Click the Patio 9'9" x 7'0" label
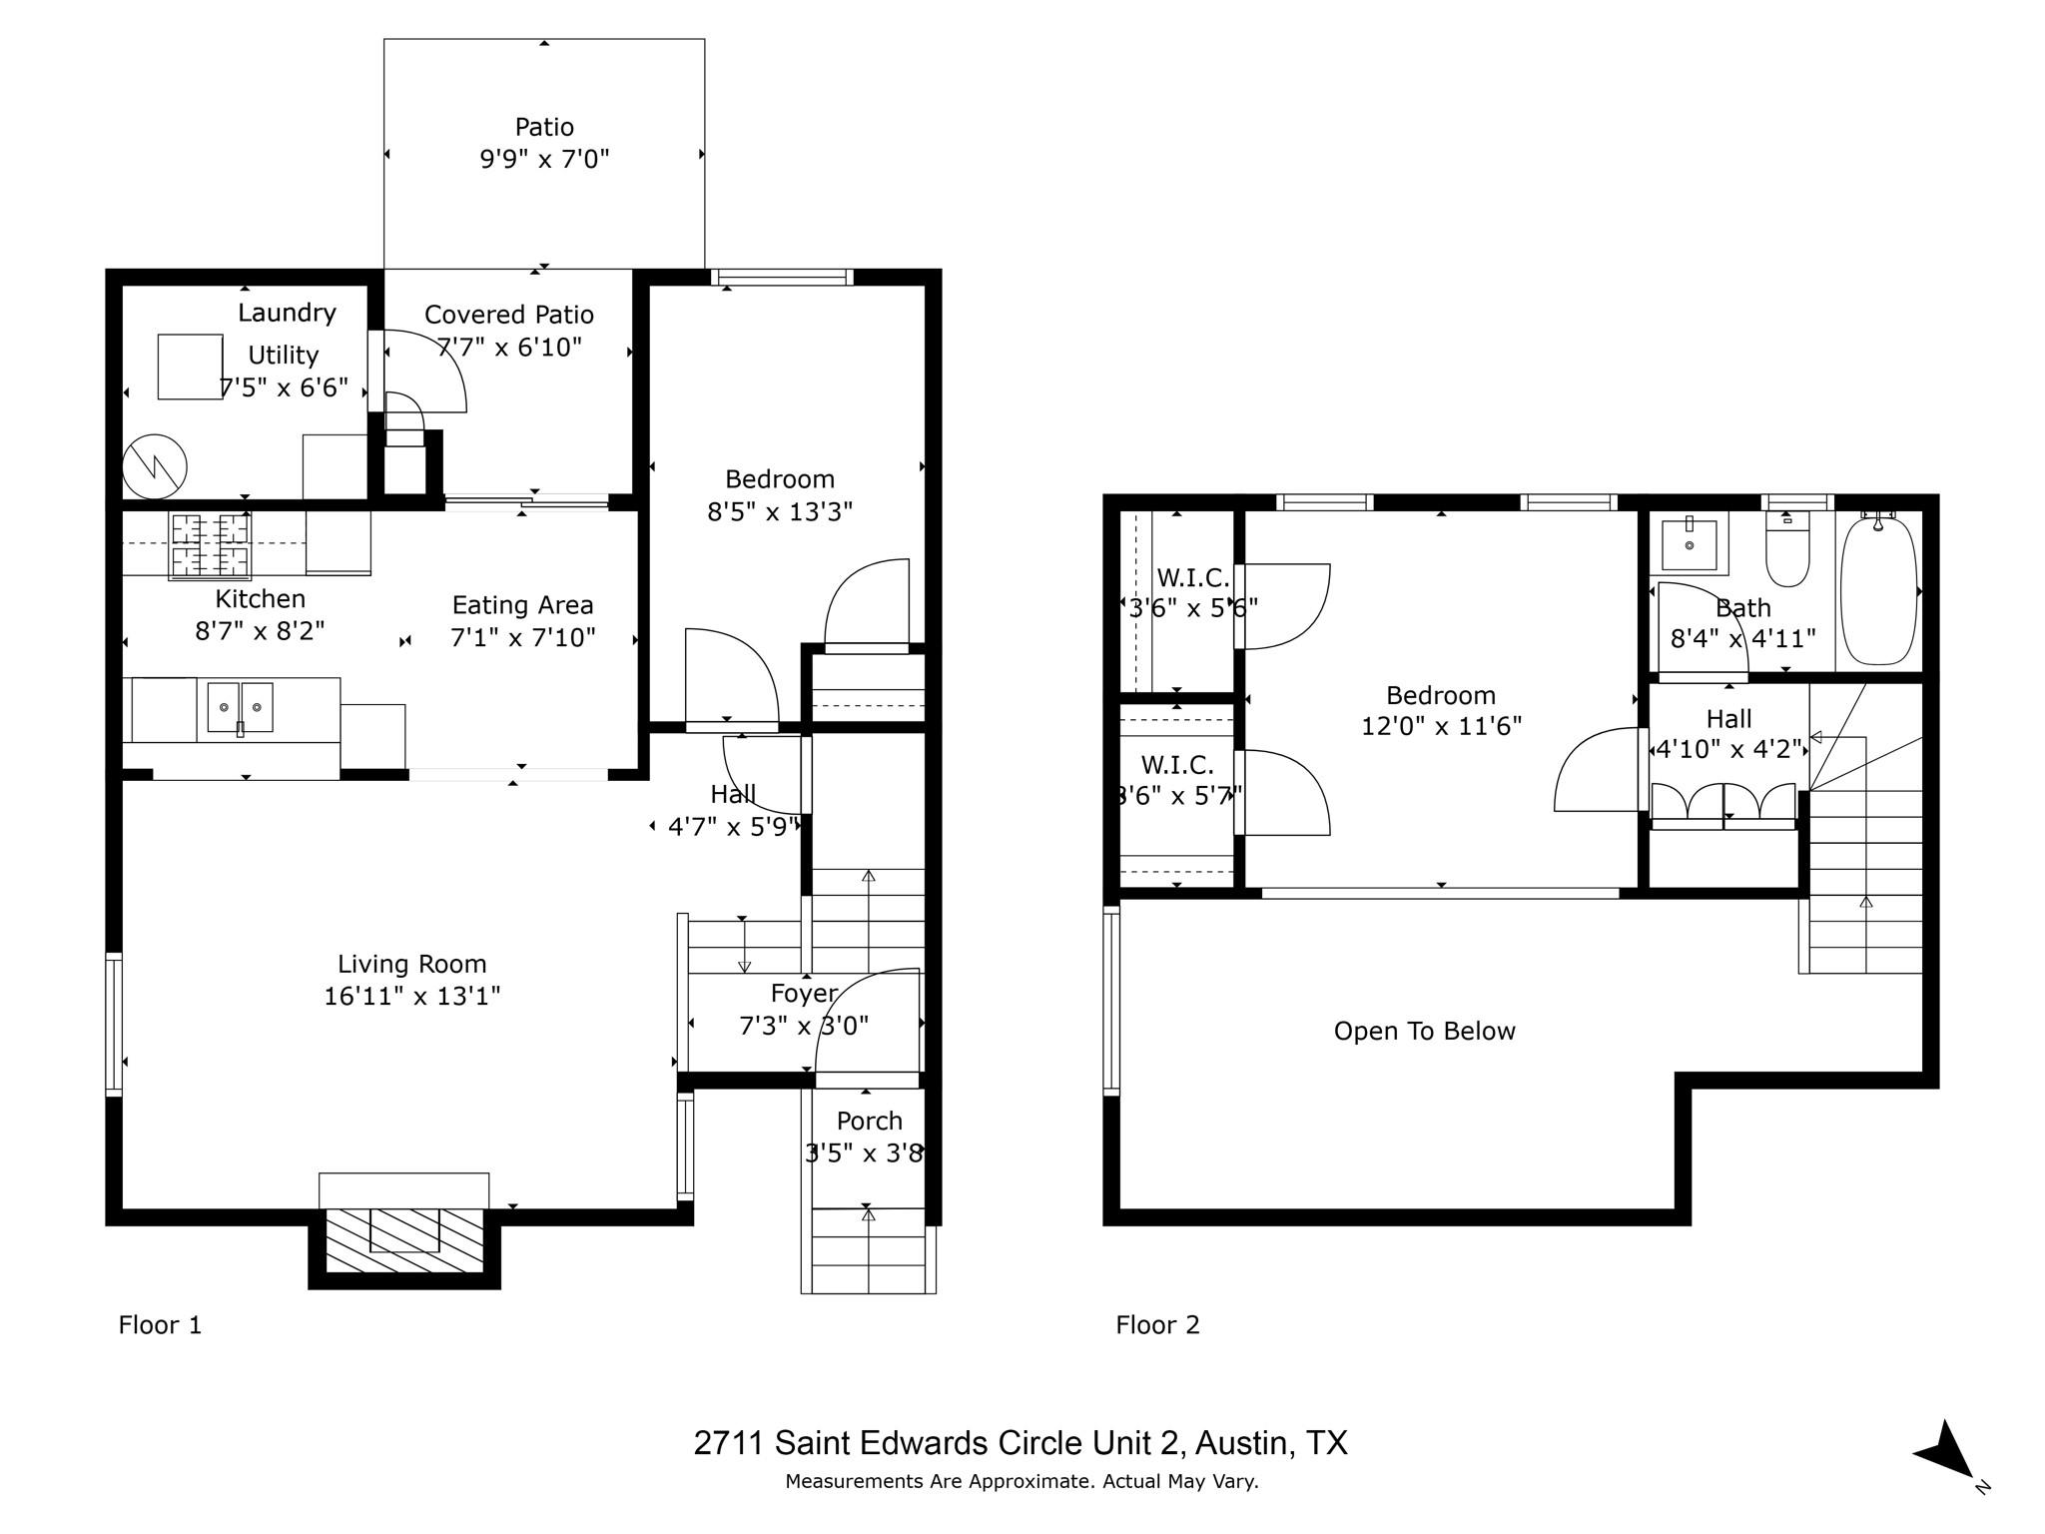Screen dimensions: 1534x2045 tap(544, 143)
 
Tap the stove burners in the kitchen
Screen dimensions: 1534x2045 tap(210, 544)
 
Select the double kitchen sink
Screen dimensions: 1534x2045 tap(240, 707)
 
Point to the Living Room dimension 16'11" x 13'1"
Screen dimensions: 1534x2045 tap(411, 996)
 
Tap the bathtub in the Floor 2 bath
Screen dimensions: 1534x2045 tap(1878, 589)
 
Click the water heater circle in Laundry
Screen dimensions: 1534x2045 tap(155, 466)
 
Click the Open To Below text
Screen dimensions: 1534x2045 tap(1424, 1031)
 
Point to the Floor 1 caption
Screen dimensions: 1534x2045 tap(160, 1325)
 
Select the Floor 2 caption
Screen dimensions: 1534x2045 tap(1157, 1325)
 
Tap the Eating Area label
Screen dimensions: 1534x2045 tap(522, 605)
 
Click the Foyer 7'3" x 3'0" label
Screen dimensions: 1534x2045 tap(804, 1010)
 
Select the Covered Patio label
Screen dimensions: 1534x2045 tap(508, 315)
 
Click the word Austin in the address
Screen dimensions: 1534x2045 tap(1241, 1443)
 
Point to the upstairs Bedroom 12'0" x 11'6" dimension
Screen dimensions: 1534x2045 tap(1441, 726)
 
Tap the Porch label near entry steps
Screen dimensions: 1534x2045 tap(869, 1122)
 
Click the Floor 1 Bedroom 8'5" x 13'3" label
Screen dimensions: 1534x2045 tap(779, 495)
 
